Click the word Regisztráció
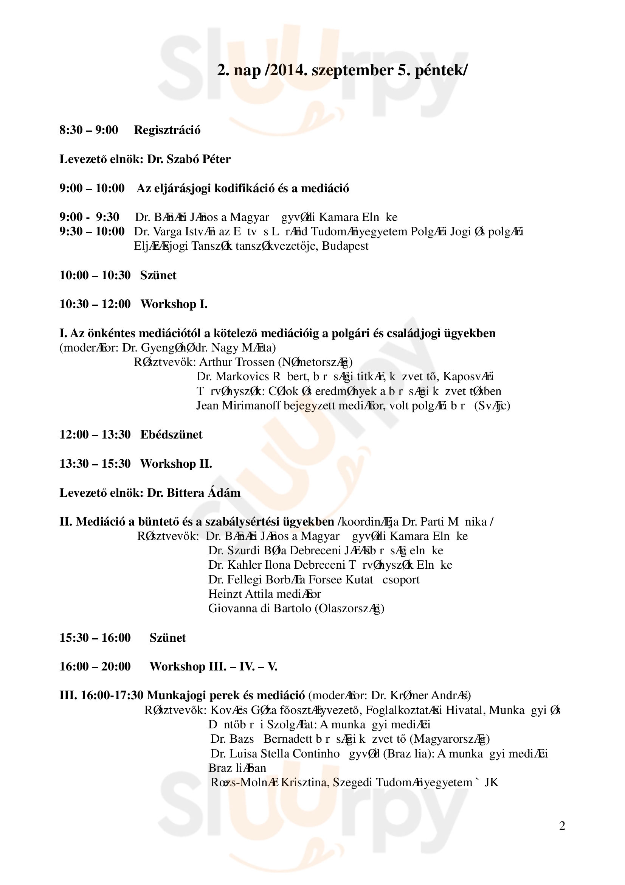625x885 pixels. pyautogui.click(x=167, y=130)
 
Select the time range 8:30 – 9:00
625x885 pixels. pyautogui.click(x=88, y=130)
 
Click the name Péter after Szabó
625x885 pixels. pyautogui.click(x=216, y=159)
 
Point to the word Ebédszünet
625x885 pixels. pyautogui.click(x=171, y=435)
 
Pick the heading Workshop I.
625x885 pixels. pyautogui.click(x=174, y=304)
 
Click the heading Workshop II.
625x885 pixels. pyautogui.click(x=176, y=464)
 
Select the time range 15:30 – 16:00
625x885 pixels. pyautogui.click(x=95, y=638)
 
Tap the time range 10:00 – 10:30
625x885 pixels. pyautogui.click(x=95, y=275)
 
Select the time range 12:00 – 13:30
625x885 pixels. pyautogui.click(x=95, y=435)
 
